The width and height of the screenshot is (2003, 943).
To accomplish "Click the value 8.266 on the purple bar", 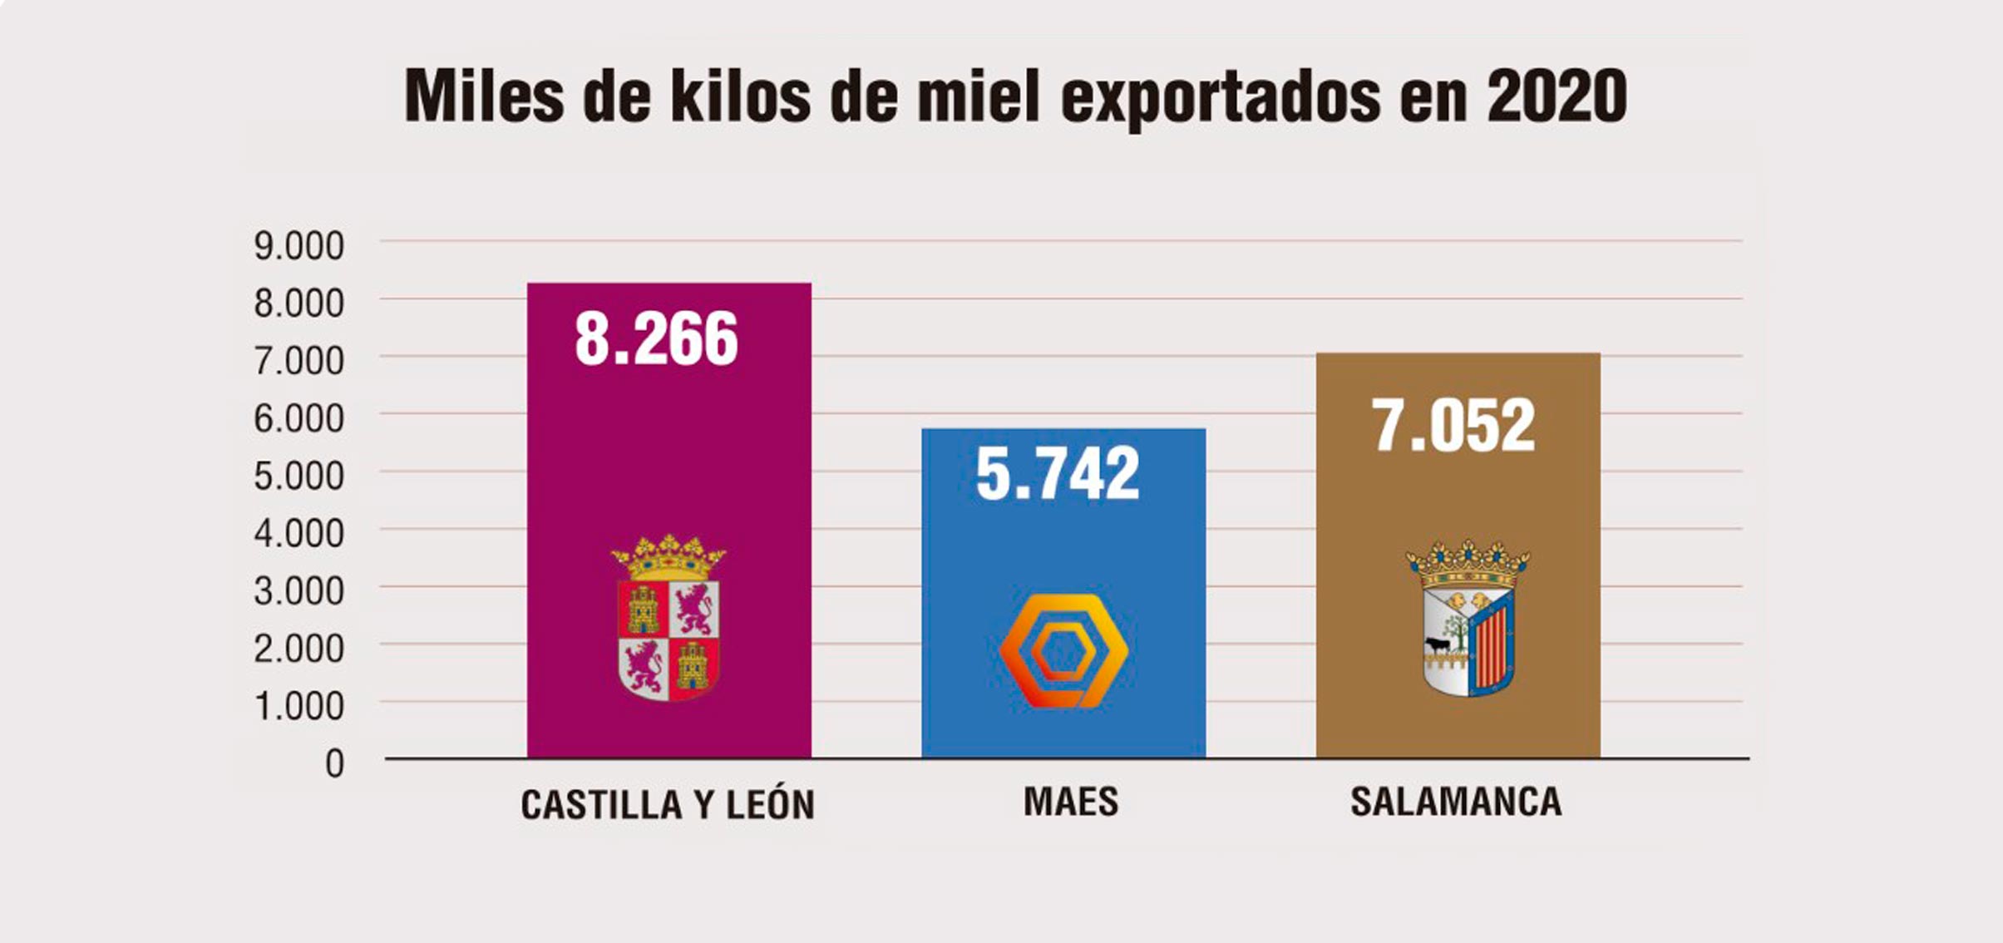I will click(x=656, y=339).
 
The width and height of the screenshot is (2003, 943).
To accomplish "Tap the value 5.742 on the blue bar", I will click(x=1057, y=474).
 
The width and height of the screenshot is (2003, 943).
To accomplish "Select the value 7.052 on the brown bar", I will click(x=1453, y=426).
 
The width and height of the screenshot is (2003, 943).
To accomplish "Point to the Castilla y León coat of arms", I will click(x=668, y=620).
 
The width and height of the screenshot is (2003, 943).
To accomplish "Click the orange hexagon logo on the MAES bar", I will click(x=1063, y=650).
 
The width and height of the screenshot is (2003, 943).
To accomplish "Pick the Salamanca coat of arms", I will click(x=1468, y=620).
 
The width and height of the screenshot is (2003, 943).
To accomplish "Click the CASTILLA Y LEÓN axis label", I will click(x=668, y=805).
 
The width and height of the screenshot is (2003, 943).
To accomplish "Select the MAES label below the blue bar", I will click(x=1070, y=802).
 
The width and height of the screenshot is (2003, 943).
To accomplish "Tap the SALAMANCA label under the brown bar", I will click(x=1456, y=802).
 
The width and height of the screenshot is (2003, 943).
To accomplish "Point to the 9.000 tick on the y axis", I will click(x=298, y=246).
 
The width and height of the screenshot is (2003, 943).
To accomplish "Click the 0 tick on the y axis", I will click(x=334, y=763).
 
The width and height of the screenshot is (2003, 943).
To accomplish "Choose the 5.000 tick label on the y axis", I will click(x=298, y=476).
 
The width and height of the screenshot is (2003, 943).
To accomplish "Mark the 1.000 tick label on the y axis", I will click(x=298, y=706).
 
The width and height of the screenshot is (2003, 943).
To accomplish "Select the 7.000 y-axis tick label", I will click(x=298, y=361).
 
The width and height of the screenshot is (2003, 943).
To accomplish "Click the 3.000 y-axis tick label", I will click(x=298, y=591).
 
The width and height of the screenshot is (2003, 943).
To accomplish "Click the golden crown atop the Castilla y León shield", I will click(x=668, y=557).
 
